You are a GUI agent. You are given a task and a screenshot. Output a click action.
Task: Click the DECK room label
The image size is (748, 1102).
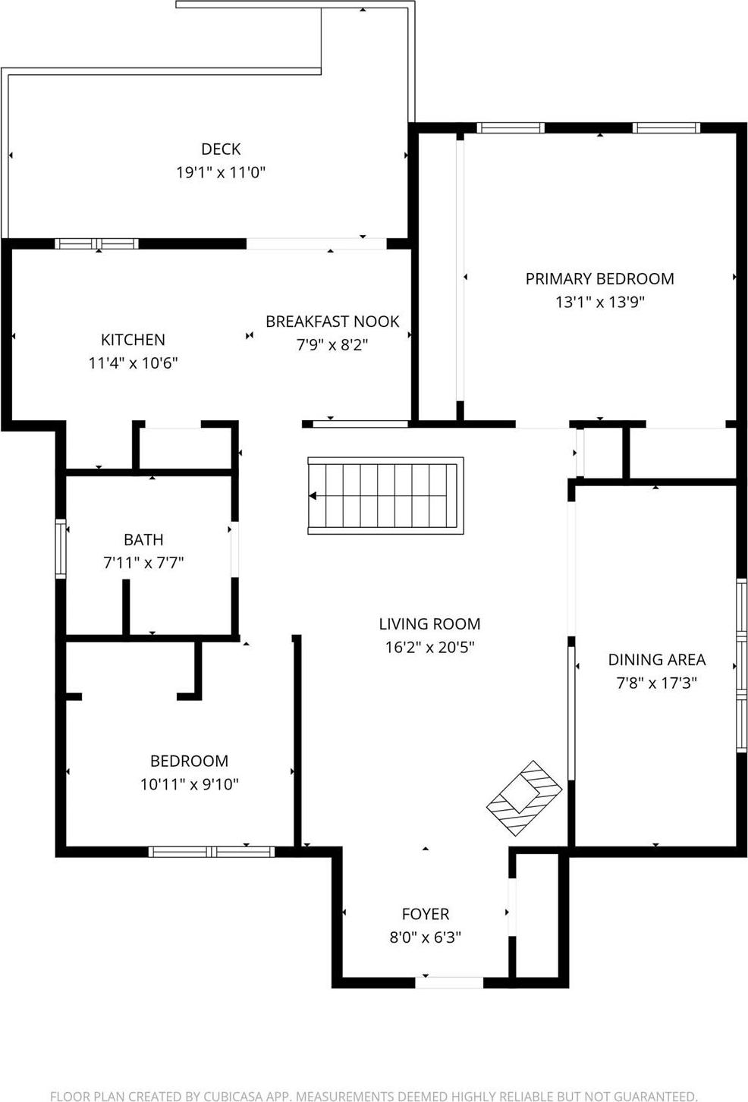point(221,149)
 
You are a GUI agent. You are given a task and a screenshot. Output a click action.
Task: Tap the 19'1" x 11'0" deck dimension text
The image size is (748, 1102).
point(221,172)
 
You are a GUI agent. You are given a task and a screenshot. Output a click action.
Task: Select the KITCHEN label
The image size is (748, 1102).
point(133,340)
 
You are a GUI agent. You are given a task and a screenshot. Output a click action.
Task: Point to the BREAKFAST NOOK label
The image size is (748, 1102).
point(332,322)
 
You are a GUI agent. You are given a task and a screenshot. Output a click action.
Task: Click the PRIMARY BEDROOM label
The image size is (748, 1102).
point(599,278)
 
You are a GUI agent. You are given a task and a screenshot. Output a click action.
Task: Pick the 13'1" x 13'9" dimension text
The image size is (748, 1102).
point(599,302)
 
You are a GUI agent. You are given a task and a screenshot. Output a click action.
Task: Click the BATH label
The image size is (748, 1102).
point(143,539)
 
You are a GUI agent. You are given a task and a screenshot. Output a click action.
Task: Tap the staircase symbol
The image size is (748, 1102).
point(385,496)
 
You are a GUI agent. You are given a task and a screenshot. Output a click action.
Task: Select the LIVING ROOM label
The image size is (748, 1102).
point(429,624)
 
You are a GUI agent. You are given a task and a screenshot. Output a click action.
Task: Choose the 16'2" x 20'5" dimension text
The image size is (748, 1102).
point(429,647)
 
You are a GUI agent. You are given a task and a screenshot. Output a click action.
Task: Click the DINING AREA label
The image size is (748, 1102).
point(656,660)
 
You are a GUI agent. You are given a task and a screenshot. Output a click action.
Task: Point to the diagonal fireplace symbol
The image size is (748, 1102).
point(524,799)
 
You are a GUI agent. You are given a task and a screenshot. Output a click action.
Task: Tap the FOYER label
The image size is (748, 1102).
point(425,914)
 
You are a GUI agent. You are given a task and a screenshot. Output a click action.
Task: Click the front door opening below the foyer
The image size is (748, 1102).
point(449,982)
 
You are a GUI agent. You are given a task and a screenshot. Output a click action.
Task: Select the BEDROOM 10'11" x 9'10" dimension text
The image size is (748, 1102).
point(189,784)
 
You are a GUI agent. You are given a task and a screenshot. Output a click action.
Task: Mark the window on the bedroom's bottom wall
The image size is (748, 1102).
point(211,852)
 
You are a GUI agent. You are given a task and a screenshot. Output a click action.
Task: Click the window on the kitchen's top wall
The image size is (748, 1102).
point(96,243)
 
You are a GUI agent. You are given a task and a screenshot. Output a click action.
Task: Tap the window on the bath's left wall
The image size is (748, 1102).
point(61,548)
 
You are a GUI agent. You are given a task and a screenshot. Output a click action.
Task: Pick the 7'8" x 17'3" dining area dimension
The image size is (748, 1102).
point(656,683)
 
